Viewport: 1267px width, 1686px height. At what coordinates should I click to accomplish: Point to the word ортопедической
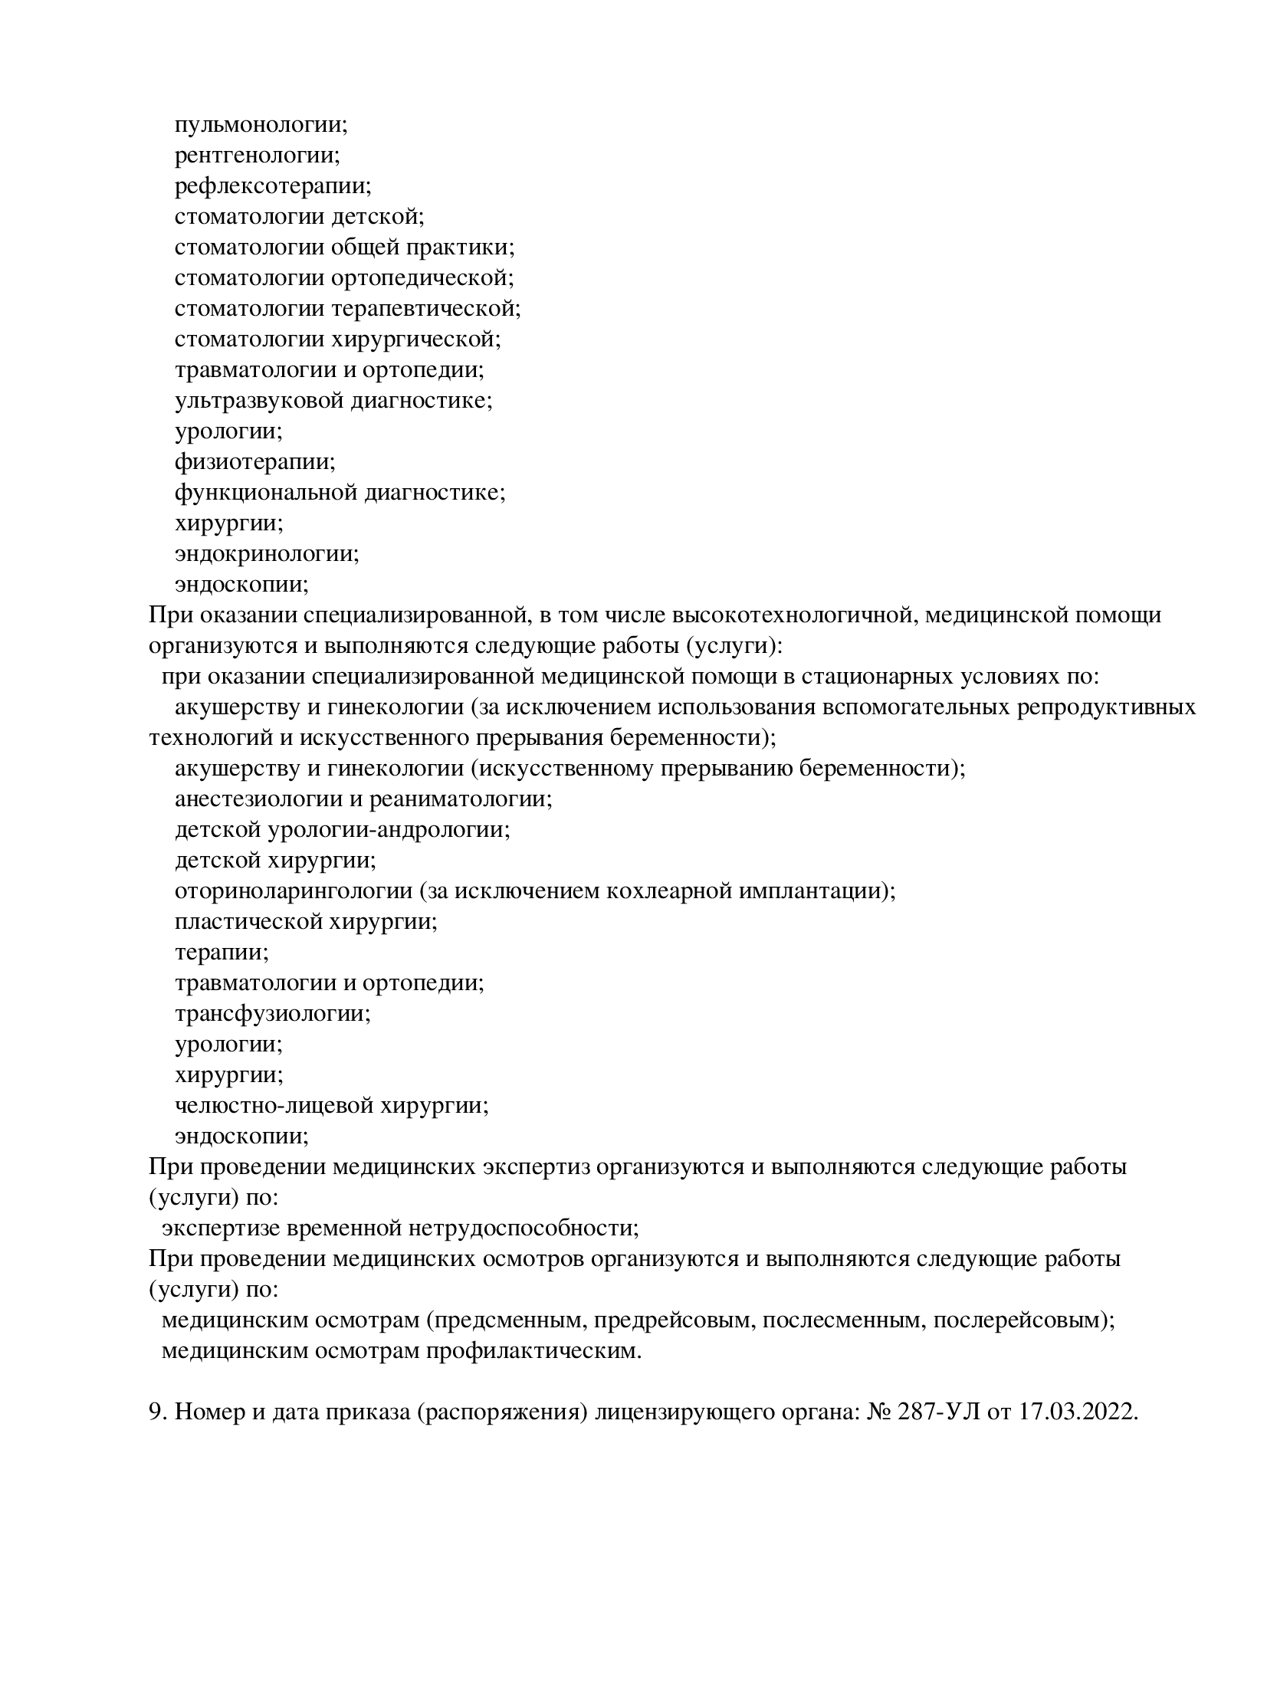pos(422,277)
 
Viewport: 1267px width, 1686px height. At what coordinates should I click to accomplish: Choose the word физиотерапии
pos(254,461)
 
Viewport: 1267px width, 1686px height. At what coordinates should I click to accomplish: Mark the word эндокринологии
pos(267,553)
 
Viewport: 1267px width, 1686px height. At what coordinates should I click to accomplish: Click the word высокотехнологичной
pos(792,615)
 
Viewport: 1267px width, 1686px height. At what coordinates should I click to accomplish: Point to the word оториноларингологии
pos(294,891)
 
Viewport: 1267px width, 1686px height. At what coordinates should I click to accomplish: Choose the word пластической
pos(249,921)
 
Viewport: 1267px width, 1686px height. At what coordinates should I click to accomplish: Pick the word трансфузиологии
pos(272,1013)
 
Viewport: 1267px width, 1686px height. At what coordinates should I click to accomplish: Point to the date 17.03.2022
pos(1078,1412)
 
